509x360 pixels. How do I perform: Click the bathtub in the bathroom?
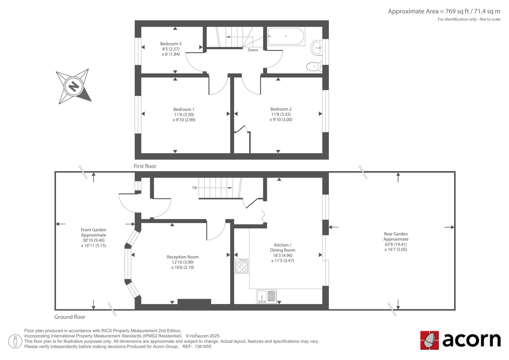[286, 36]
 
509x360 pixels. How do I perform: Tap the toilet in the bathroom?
[314, 67]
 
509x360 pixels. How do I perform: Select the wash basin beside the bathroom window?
[317, 48]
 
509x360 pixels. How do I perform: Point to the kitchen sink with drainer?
[266, 296]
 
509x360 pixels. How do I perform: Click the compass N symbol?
[73, 86]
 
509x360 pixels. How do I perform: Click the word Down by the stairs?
[253, 50]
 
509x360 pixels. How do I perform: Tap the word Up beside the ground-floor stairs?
[195, 187]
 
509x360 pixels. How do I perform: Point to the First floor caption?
[145, 166]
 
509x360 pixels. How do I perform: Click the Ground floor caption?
[70, 317]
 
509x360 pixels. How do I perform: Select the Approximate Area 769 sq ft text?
[444, 11]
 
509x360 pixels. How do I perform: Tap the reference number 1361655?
[203, 347]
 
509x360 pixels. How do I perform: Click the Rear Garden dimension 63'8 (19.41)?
[396, 244]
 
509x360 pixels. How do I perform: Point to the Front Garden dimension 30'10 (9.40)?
[94, 240]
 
